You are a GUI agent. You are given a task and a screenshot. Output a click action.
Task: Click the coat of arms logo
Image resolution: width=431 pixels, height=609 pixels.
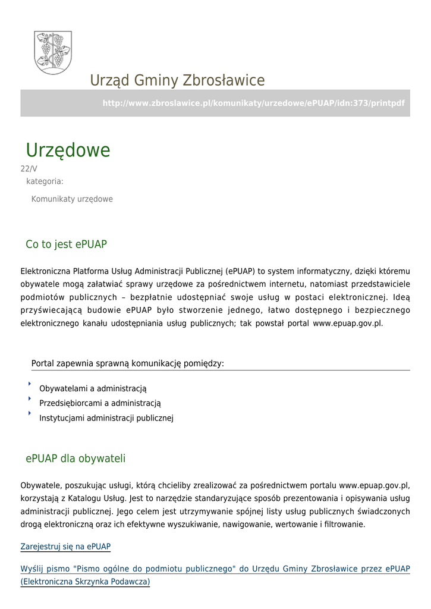point(52,52)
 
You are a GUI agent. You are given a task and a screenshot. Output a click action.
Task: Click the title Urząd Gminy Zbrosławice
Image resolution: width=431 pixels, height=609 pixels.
point(177,80)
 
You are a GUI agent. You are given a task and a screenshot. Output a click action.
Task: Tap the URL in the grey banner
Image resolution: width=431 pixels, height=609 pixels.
point(253,103)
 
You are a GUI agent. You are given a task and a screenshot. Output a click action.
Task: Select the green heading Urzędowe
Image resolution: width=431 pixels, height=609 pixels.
point(68,150)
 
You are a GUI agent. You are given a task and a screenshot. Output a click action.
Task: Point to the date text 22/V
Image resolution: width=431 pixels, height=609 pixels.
point(29,169)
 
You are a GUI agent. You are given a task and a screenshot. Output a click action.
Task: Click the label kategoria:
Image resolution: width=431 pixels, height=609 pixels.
point(45,181)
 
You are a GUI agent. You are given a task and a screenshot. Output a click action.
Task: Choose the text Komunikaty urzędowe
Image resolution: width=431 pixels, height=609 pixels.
point(72,199)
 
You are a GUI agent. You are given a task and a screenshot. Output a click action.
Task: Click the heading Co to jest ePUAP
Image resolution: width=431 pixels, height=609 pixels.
point(66,244)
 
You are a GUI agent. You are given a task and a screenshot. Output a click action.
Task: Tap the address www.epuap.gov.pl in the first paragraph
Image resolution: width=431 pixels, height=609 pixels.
point(347,324)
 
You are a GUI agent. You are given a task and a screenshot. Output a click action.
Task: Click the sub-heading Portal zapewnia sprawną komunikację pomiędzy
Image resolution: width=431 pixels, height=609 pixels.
point(128,363)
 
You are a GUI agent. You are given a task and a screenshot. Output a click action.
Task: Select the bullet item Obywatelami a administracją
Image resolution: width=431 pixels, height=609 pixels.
point(93,389)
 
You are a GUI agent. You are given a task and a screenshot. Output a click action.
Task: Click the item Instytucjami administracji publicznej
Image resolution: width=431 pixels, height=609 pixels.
point(106,418)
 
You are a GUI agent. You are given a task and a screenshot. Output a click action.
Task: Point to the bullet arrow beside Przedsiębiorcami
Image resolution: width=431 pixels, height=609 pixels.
point(29,398)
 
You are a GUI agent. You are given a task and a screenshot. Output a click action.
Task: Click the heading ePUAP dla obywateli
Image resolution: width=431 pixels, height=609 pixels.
point(75,459)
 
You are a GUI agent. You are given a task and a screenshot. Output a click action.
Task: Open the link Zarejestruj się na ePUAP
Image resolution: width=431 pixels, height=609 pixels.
point(65,547)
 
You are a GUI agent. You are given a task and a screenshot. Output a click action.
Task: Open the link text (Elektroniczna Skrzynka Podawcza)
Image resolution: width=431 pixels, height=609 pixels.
point(85,582)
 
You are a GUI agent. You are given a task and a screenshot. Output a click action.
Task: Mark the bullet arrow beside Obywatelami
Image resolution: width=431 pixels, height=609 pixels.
point(29,384)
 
